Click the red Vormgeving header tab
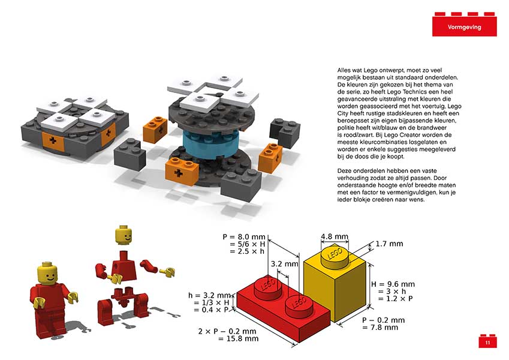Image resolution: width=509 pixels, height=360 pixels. click(464, 26)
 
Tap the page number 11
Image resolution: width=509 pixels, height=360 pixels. click(487, 343)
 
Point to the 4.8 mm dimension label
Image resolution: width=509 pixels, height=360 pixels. click(335, 236)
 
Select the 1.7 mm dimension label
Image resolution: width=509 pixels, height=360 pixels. click(389, 244)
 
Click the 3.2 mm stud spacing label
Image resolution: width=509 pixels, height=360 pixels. click(284, 264)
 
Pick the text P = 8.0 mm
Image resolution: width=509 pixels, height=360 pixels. click(244, 237)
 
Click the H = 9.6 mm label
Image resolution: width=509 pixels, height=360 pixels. click(393, 284)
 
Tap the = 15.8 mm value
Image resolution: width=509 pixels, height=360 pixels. click(238, 338)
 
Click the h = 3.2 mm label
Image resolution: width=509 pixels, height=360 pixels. click(209, 295)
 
